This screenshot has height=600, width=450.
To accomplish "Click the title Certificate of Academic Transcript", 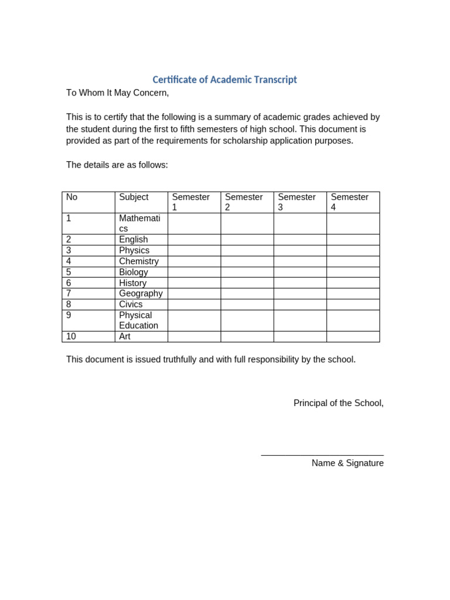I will tap(224, 80).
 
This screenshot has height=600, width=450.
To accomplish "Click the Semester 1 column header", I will tap(194, 202).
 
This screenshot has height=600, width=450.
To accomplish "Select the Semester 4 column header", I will tap(353, 202).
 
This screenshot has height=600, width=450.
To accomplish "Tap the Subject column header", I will tap(141, 202).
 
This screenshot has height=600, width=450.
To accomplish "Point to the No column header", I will tap(88, 202).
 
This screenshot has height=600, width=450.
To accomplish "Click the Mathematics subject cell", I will tap(141, 223).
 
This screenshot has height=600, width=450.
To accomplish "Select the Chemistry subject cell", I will tap(141, 261).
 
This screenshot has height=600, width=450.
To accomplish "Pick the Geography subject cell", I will tap(141, 294).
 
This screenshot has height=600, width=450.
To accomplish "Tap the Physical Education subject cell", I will tap(141, 321).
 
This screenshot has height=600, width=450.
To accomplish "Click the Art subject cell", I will tap(141, 336).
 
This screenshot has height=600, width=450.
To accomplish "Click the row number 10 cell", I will tap(88, 336).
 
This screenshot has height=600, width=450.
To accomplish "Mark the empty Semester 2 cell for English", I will tap(247, 240).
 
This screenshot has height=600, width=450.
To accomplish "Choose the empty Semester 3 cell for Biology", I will tap(300, 272).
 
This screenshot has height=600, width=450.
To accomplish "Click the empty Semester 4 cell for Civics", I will tap(353, 304).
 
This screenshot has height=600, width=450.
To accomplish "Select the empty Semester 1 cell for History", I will tap(194, 283).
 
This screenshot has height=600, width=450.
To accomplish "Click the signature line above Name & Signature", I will tap(322, 455).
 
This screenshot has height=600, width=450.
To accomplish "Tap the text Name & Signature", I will tap(347, 463).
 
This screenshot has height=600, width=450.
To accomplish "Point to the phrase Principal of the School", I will tap(338, 403).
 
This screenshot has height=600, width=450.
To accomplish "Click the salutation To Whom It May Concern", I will tap(117, 93).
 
